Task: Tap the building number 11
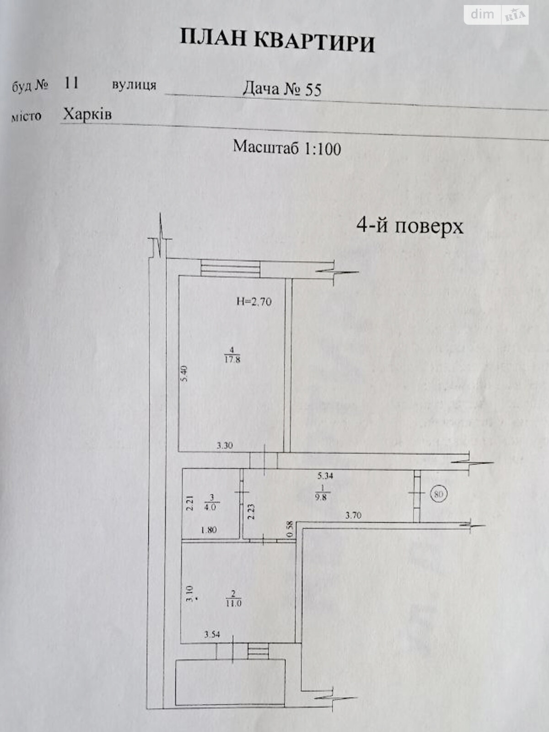coord(72,83)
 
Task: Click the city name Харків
coord(87,114)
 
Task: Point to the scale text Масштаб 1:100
coord(287,147)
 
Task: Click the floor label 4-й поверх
coord(410,226)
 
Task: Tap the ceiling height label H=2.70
coord(254,301)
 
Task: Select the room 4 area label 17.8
coord(232,359)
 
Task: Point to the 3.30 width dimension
coord(225,445)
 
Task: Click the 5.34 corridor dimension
coord(325,475)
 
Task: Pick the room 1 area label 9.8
coord(321,497)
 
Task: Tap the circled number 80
coord(439,494)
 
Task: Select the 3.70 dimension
coord(353,515)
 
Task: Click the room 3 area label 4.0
coord(210,507)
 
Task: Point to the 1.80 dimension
coord(209,530)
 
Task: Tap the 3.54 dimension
coord(212,635)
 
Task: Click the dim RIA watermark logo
coord(496,15)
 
